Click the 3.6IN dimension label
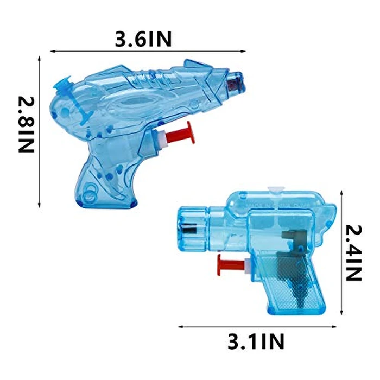click(144, 39)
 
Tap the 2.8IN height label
click(27, 125)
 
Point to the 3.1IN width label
click(256, 342)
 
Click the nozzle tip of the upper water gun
click(236, 82)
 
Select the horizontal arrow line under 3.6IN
click(144, 52)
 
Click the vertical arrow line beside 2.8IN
click(40, 130)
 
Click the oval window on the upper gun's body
click(130, 103)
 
